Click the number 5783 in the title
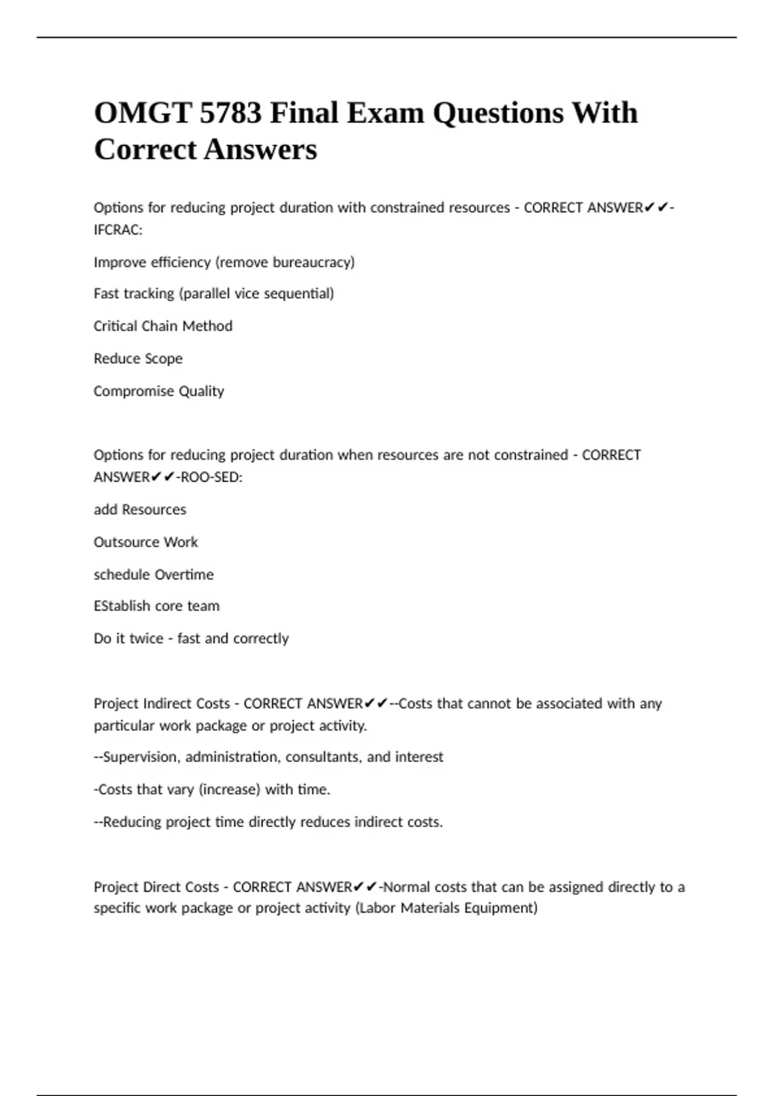click(x=230, y=113)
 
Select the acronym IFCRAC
click(x=117, y=230)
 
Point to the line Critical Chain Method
click(x=163, y=326)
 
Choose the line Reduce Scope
click(x=138, y=358)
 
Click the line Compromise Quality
click(x=159, y=391)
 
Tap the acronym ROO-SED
click(x=210, y=478)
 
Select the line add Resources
click(x=140, y=510)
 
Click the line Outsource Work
click(x=146, y=542)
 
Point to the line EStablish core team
click(x=157, y=606)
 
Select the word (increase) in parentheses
click(x=230, y=790)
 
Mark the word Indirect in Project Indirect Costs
click(x=167, y=703)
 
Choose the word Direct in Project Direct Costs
click(x=161, y=887)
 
